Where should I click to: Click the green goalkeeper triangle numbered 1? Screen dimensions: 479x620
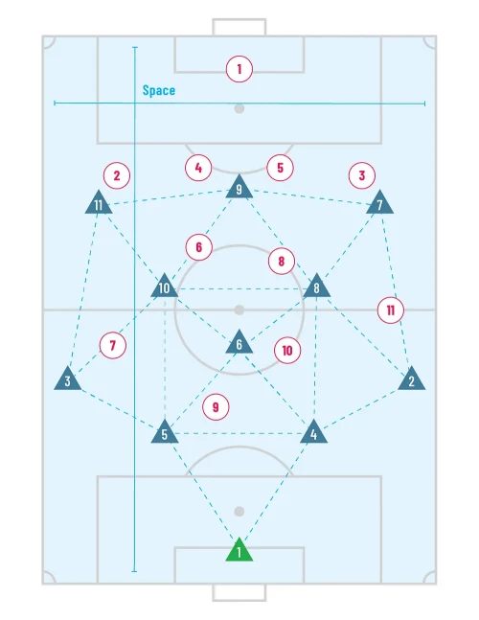[x=239, y=551]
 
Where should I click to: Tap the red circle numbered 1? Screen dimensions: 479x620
[x=239, y=69]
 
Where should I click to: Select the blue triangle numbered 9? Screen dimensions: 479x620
[x=239, y=188]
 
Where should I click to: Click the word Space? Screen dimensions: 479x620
[x=158, y=90]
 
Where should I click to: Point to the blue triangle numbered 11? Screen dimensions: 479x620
[x=99, y=203]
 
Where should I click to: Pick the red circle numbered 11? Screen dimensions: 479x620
[x=391, y=310]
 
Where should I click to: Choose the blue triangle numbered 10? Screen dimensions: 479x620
[x=165, y=287]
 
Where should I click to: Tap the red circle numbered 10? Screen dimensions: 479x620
[x=287, y=351]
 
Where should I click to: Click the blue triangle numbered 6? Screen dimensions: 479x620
[x=239, y=343]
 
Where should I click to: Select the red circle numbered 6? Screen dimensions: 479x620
[x=199, y=247]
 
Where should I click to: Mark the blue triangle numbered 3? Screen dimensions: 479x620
[x=68, y=379]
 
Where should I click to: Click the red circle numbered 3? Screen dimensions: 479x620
[x=361, y=175]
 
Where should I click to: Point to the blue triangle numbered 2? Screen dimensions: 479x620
[x=411, y=379]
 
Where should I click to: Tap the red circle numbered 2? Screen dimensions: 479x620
[x=117, y=175]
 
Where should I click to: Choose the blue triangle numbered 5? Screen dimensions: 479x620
[x=165, y=432]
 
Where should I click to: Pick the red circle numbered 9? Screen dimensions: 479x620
[x=216, y=407]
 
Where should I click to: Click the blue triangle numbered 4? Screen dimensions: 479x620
[x=314, y=432]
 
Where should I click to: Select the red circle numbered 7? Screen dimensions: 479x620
[x=113, y=346]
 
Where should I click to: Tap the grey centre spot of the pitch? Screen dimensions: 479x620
[x=239, y=310]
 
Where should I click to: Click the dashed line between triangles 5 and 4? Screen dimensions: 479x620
[x=239, y=434]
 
